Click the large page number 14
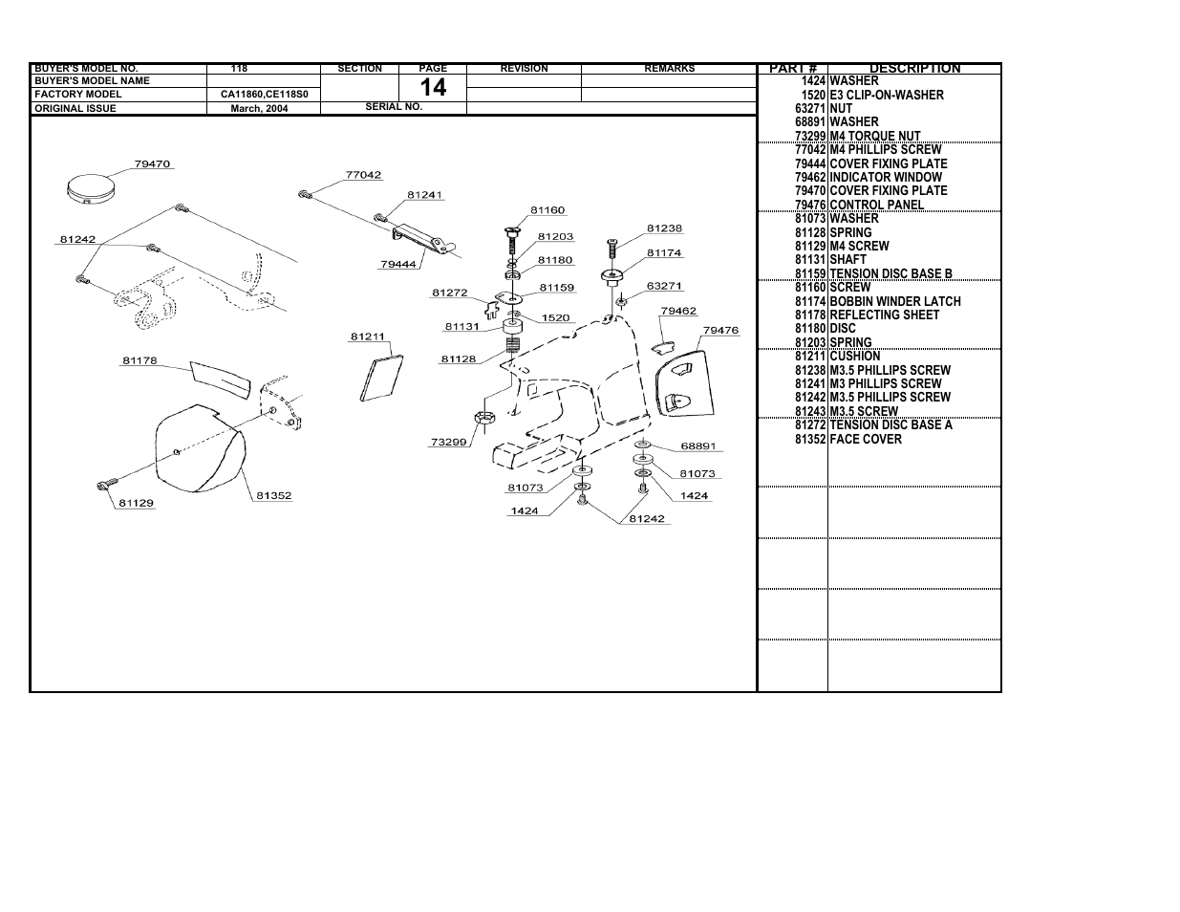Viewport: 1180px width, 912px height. coord(433,88)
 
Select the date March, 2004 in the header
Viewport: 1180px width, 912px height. coord(259,109)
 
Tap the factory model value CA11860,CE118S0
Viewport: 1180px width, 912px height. coord(264,95)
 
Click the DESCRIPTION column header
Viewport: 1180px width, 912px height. coord(914,69)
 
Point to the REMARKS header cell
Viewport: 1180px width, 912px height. coord(669,69)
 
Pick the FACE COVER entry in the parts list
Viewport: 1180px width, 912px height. coord(866,440)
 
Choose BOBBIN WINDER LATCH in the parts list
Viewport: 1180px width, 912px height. coord(895,302)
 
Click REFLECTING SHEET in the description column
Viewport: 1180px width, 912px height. coord(884,315)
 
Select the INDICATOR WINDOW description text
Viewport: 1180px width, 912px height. coord(886,178)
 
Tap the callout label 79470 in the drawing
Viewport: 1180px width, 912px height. coord(153,164)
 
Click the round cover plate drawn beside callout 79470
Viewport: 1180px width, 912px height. coord(90,188)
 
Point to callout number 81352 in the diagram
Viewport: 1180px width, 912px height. coord(274,495)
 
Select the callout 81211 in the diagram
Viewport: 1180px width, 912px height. coord(367,337)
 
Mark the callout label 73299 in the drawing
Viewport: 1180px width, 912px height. coord(448,442)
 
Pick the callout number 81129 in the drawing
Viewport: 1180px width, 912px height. coord(136,503)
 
